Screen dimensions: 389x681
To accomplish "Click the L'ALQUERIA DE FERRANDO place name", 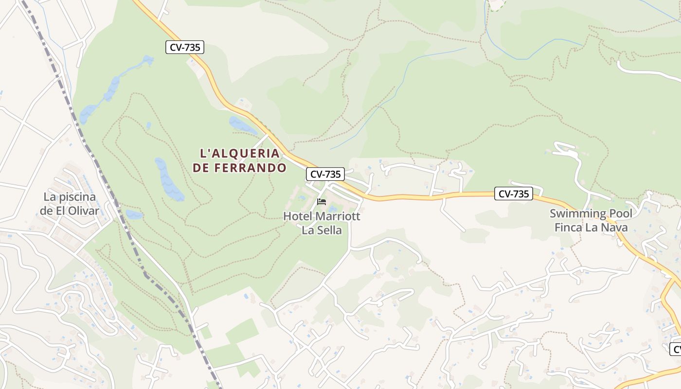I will tap(239, 160).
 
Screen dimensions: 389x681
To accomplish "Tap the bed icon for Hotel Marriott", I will tap(321, 201).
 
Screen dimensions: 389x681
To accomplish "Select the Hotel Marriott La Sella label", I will tap(322, 223).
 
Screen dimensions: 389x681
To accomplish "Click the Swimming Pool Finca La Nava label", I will tap(591, 220).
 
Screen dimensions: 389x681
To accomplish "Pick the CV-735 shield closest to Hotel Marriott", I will tap(325, 174).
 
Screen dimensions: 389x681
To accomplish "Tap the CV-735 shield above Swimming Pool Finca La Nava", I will tap(514, 194).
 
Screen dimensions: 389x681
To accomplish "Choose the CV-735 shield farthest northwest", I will tap(184, 47).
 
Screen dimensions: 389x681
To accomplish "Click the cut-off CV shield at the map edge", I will tap(676, 349).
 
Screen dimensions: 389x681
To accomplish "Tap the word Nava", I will tap(615, 227).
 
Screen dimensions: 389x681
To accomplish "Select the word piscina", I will tap(77, 197).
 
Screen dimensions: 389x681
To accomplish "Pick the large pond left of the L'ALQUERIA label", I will tap(168, 179).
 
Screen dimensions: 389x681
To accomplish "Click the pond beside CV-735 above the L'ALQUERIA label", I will tap(242, 125).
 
